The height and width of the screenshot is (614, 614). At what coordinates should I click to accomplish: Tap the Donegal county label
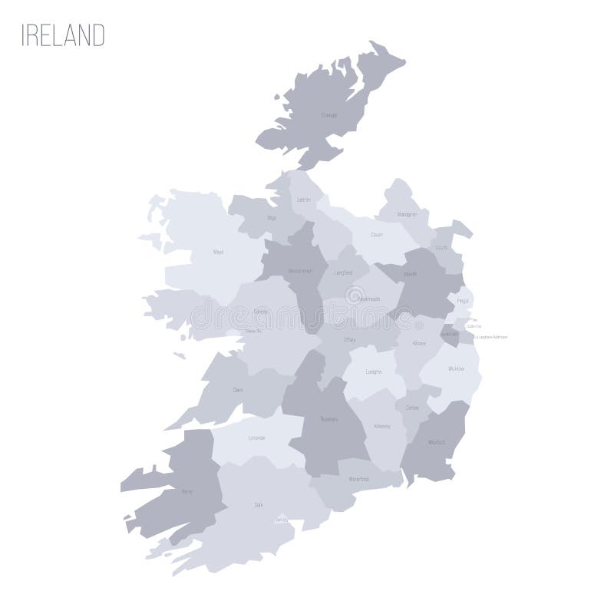[328, 117]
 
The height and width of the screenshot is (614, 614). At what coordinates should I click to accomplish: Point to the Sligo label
[271, 218]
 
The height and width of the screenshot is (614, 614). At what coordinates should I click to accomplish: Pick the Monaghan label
[407, 215]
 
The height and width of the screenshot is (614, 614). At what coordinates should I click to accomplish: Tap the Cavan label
[376, 235]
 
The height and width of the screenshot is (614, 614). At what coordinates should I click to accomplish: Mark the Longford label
[343, 272]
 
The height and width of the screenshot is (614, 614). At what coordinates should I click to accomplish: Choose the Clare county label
[238, 390]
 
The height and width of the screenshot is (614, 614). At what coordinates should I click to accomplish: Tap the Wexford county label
[435, 442]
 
